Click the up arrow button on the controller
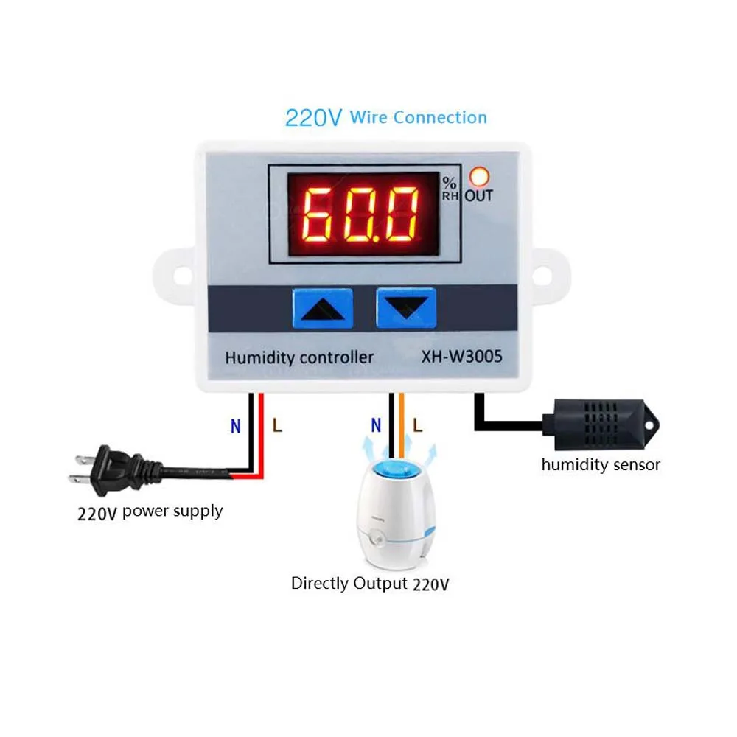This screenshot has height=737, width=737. click(x=322, y=307)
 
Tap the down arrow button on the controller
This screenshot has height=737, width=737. click(x=406, y=307)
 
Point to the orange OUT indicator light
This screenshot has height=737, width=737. click(x=479, y=178)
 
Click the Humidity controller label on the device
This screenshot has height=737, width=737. click(x=299, y=358)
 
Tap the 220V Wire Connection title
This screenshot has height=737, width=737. click(x=385, y=117)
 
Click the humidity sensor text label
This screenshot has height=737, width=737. click(x=601, y=464)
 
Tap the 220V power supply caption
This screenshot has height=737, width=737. click(x=150, y=511)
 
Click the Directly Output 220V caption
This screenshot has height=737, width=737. click(x=369, y=584)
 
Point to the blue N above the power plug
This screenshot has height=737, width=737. click(x=236, y=426)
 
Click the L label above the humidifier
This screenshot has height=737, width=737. click(x=418, y=425)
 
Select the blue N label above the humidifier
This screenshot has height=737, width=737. click(x=376, y=425)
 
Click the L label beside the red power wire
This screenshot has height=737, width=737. click(x=276, y=425)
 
